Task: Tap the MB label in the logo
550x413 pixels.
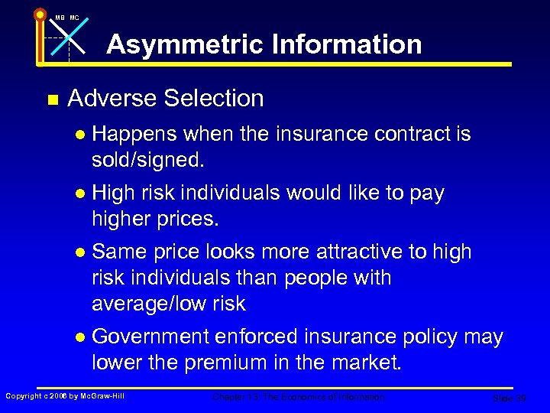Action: tap(60, 17)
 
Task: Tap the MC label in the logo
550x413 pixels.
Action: tap(74, 17)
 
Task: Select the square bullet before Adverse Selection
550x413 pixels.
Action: tap(52, 99)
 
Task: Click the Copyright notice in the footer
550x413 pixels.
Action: tap(64, 395)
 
